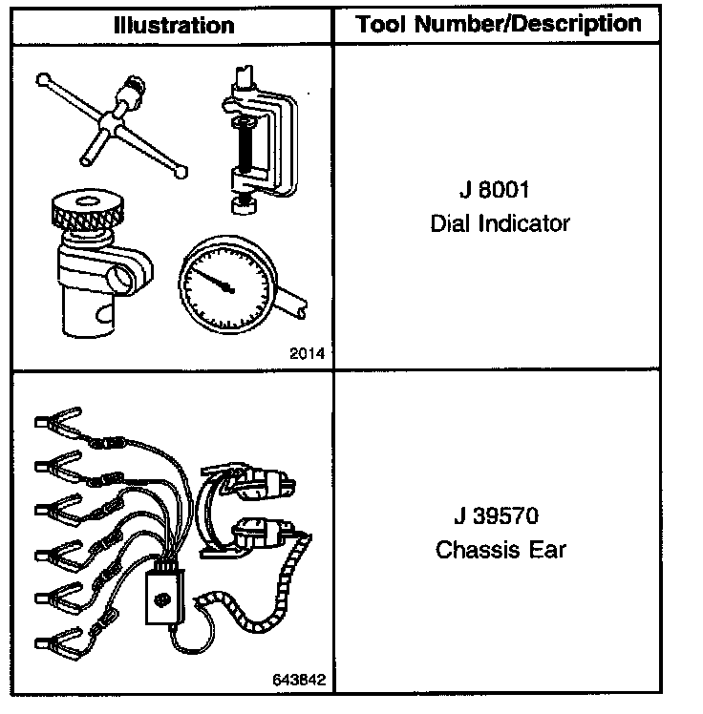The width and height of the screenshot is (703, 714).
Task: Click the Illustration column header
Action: pyautogui.click(x=174, y=26)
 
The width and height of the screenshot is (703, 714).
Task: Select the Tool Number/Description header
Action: pyautogui.click(x=498, y=24)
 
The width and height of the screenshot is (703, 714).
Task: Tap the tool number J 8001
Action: pyautogui.click(x=495, y=189)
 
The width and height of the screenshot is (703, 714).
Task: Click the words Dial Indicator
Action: pyautogui.click(x=500, y=223)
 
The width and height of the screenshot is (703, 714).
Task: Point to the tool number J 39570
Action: pyautogui.click(x=496, y=515)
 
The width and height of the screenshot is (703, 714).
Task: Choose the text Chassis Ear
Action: pyautogui.click(x=501, y=550)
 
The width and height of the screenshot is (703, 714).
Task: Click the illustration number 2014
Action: pyautogui.click(x=307, y=353)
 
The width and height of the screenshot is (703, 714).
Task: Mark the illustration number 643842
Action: pyautogui.click(x=299, y=680)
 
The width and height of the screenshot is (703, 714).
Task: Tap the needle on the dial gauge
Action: pyautogui.click(x=212, y=279)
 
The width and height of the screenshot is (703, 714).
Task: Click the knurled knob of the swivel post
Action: pyautogui.click(x=88, y=208)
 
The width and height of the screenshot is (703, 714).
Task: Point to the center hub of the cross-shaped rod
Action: pyautogui.click(x=109, y=121)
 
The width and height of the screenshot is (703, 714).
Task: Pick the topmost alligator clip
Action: pyautogui.click(x=58, y=422)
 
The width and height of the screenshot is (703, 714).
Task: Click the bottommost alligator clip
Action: pyautogui.click(x=59, y=643)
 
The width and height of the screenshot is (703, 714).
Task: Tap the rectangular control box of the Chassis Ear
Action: pyautogui.click(x=164, y=598)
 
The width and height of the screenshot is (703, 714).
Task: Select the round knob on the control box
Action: pyautogui.click(x=160, y=600)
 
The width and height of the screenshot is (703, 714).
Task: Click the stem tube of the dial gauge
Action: pyautogui.click(x=290, y=302)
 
